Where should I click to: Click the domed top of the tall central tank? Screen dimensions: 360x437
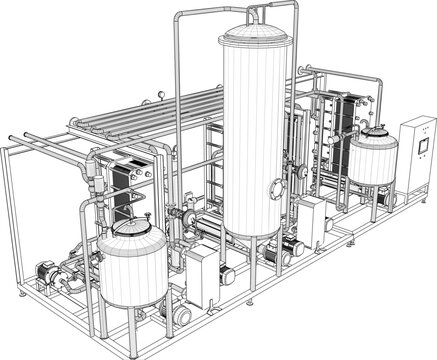point(258,35)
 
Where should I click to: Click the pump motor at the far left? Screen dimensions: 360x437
point(45,271)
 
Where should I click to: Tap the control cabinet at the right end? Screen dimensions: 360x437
point(414,160)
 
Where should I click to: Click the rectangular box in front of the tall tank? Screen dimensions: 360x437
point(206,270)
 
